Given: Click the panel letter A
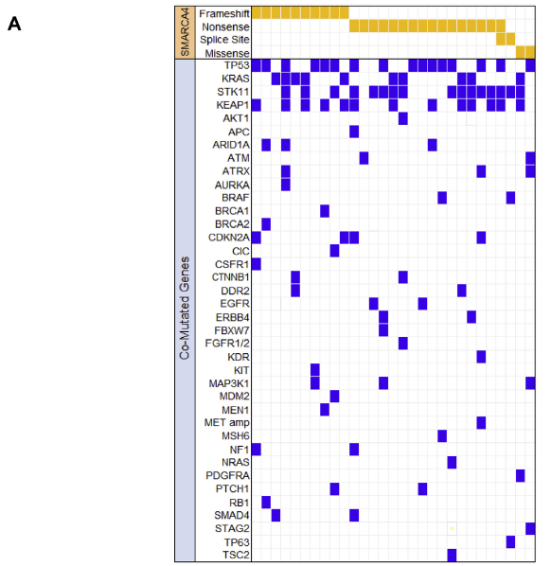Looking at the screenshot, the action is (x=14, y=25).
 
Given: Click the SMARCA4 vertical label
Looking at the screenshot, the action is (x=185, y=33).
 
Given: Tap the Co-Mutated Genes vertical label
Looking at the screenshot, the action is (x=185, y=308).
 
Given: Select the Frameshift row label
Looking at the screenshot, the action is (x=224, y=13).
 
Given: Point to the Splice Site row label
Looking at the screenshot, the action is (x=224, y=40).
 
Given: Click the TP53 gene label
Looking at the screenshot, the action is (x=237, y=65).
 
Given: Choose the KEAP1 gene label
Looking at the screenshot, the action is (x=233, y=105).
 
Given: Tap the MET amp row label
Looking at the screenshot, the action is (x=227, y=423).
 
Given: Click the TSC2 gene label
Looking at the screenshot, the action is (x=237, y=555).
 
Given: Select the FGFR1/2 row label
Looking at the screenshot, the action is (x=227, y=343).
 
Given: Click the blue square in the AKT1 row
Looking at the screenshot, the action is (x=403, y=118).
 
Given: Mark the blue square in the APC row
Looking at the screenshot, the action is (x=354, y=132).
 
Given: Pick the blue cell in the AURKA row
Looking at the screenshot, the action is (x=286, y=185).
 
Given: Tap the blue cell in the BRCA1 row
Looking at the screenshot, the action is (x=325, y=211).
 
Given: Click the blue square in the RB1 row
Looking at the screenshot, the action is (x=266, y=502).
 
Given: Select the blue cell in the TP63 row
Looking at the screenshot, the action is (x=510, y=541).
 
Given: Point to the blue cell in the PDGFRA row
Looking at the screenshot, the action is (x=521, y=475).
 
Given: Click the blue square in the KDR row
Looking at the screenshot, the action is (x=481, y=357).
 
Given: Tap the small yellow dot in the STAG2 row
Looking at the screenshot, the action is (x=452, y=528).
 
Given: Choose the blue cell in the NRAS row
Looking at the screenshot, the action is (x=452, y=463).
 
